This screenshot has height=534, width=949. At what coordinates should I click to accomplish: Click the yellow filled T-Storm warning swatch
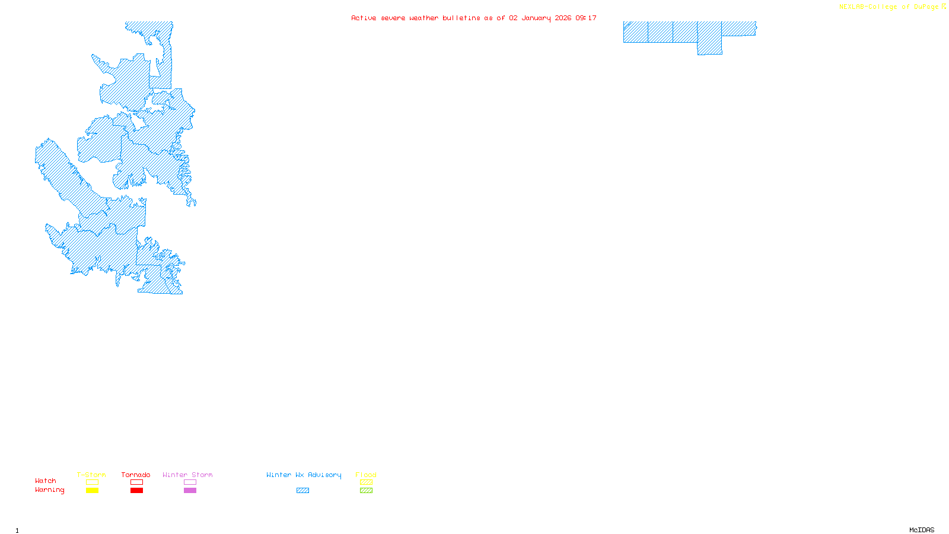(92, 491)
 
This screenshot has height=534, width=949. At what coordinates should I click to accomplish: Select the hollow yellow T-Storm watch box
(92, 482)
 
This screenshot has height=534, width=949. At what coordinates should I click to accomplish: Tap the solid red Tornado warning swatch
(136, 491)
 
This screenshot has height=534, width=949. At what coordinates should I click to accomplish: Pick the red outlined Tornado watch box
(136, 482)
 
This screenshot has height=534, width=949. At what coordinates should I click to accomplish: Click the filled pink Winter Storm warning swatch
(190, 491)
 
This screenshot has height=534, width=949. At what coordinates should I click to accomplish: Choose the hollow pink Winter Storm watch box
(190, 482)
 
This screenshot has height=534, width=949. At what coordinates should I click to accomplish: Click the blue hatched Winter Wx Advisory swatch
(302, 491)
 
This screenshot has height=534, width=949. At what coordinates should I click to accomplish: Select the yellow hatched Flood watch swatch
(366, 482)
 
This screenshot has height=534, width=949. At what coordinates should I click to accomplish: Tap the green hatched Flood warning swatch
(366, 491)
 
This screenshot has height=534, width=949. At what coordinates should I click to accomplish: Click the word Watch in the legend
(46, 481)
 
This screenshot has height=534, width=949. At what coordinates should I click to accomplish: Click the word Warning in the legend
(50, 490)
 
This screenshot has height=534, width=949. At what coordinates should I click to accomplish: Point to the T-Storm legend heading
(91, 475)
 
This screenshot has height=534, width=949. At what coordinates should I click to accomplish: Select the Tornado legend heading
(136, 475)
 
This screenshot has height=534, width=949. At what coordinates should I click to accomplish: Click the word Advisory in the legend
(324, 475)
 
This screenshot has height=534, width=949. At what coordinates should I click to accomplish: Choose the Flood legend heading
(366, 475)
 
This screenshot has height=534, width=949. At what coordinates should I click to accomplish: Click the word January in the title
(536, 18)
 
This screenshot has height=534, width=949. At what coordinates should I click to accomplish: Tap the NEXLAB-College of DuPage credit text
(889, 7)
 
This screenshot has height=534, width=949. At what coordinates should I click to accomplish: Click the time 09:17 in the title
(586, 18)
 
